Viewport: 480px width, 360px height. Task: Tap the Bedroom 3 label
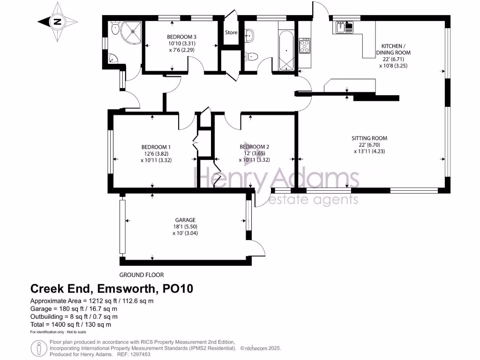click(181, 37)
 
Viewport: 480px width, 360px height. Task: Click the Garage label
click(185, 220)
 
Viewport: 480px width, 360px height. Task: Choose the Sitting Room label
click(370, 138)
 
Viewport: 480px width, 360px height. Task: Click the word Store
click(231, 33)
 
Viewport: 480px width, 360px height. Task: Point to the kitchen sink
click(345, 27)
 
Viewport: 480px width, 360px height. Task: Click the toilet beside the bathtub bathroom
click(252, 57)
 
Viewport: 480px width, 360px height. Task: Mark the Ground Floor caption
click(141, 275)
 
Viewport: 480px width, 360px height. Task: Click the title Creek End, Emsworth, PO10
click(112, 288)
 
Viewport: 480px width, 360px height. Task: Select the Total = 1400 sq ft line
click(70, 324)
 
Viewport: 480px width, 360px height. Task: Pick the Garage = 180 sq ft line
click(74, 309)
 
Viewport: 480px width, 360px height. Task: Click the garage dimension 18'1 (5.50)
click(185, 226)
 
